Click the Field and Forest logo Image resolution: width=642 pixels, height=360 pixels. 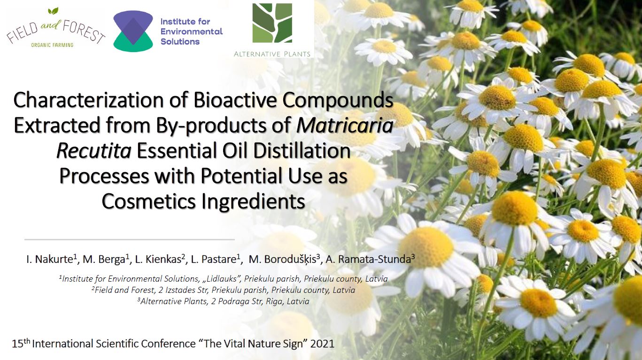56,28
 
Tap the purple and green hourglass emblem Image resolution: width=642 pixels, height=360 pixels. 133,31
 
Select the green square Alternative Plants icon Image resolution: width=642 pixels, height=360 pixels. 272,23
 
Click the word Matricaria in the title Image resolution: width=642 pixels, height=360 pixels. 345,125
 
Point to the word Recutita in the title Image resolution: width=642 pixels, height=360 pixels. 94,151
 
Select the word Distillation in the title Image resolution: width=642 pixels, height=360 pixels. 302,151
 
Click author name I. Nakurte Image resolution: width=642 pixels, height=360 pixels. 52,259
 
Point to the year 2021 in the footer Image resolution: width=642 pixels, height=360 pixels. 323,344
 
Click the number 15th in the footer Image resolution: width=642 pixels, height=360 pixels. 21,343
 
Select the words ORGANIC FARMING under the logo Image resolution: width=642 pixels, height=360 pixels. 52,45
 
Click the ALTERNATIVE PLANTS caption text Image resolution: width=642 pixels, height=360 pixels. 272,54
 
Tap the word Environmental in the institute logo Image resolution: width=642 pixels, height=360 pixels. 192,31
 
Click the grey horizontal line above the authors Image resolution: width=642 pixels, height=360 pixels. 130,239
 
